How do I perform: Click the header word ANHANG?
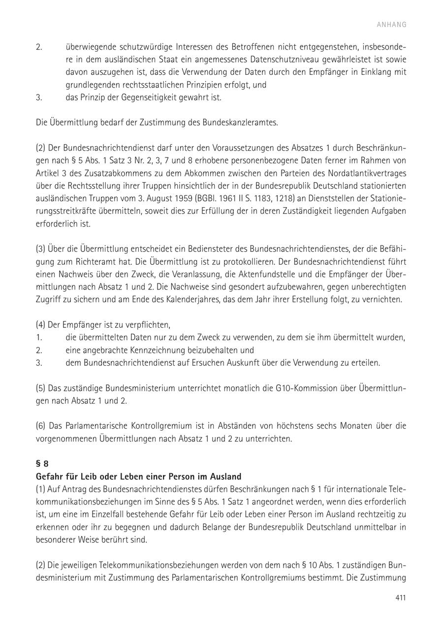click(x=392, y=25)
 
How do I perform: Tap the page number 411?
click(x=400, y=598)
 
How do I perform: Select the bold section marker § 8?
click(x=42, y=464)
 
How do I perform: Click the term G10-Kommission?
click(x=305, y=388)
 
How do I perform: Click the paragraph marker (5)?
click(x=41, y=388)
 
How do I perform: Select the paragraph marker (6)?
click(x=41, y=426)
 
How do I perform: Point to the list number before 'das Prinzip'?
click(x=39, y=97)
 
